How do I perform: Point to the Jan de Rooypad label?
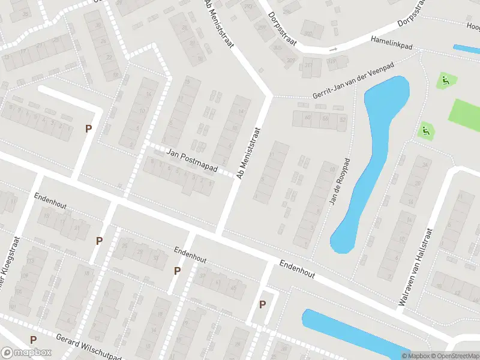click(x=339, y=182)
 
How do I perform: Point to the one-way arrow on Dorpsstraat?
click(x=329, y=49)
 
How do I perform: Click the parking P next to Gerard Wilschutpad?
click(x=34, y=340)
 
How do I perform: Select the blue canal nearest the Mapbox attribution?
click(x=354, y=332)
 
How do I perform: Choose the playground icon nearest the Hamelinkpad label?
click(x=445, y=80)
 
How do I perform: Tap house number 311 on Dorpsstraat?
click(x=308, y=65)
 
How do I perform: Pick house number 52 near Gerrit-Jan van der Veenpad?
click(x=343, y=119)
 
